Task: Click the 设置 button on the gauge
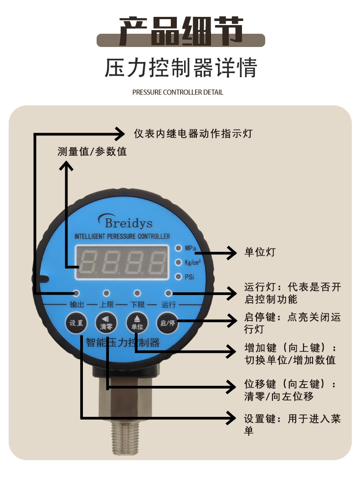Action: coord(77,324)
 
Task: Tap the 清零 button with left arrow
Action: coord(107,324)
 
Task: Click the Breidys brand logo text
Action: coord(126,222)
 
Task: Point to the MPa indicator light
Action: coord(179,249)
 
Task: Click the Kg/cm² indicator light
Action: coord(179,262)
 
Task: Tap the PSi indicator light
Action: coord(179,276)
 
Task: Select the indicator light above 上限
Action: coord(107,293)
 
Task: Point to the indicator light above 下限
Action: coord(137,293)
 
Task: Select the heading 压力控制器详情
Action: coord(181,67)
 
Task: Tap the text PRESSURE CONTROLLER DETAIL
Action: coord(178,92)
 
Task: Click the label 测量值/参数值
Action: coord(92,151)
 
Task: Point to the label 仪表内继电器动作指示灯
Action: coord(193,134)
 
